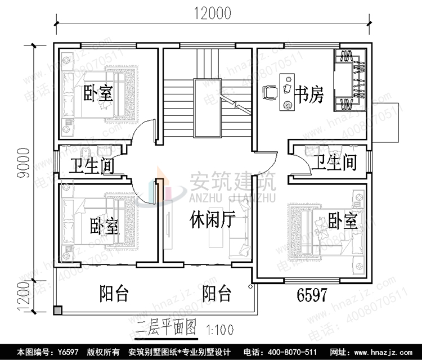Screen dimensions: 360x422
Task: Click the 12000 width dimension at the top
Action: [x=213, y=13]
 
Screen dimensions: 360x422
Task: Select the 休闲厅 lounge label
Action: [x=212, y=219]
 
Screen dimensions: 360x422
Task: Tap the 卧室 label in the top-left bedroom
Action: [x=98, y=93]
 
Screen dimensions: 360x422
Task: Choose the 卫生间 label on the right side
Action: [x=334, y=163]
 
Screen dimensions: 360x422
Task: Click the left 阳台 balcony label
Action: [x=114, y=293]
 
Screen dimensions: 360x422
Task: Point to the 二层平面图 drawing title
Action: [x=166, y=326]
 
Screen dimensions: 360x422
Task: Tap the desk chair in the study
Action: [x=270, y=91]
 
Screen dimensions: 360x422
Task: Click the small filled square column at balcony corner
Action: [x=58, y=310]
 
